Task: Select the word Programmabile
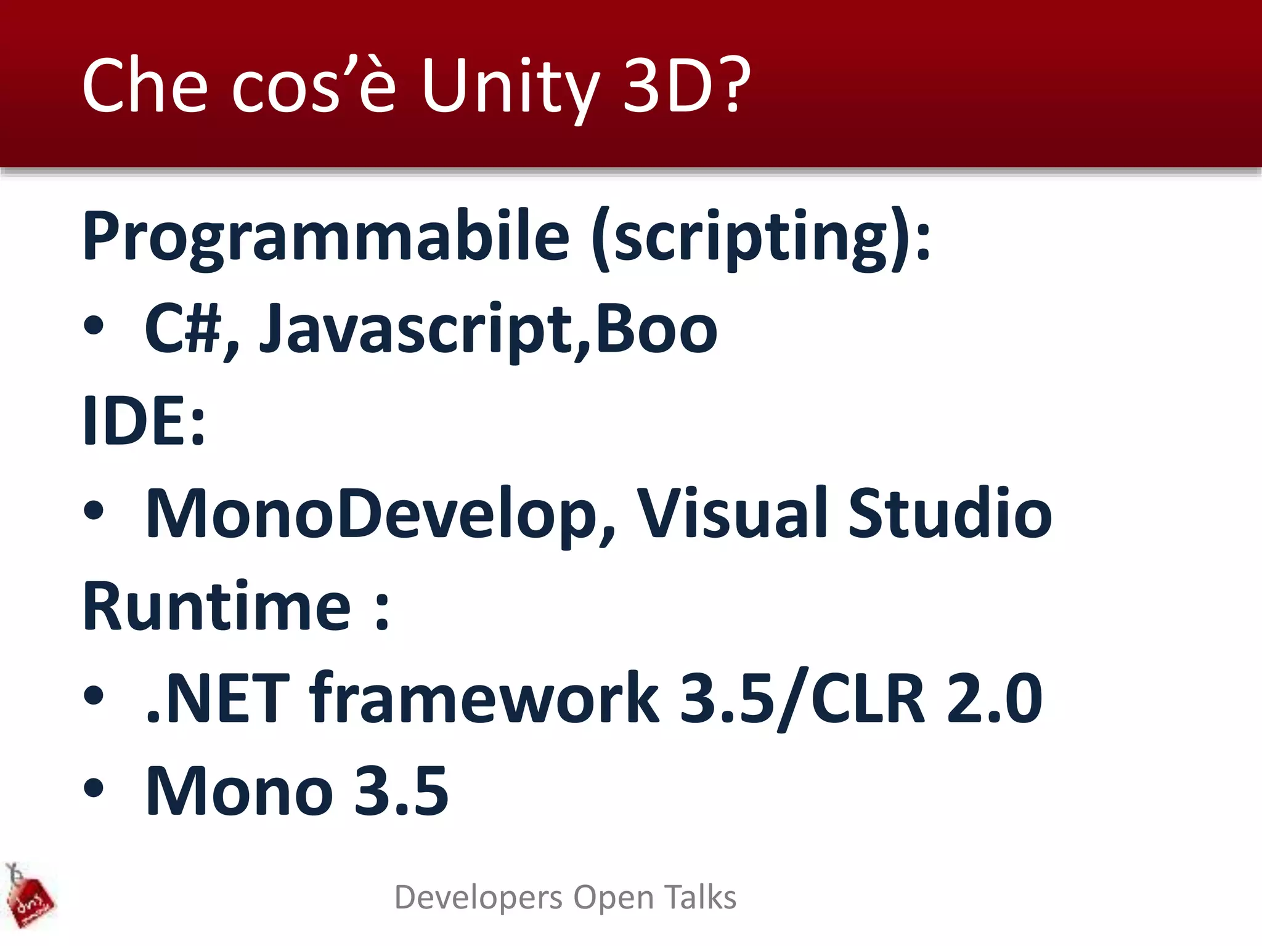click(326, 237)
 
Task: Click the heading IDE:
click(144, 421)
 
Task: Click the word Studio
click(949, 514)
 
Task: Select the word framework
click(484, 698)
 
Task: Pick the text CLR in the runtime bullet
click(868, 698)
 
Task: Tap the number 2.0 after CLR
click(993, 698)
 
